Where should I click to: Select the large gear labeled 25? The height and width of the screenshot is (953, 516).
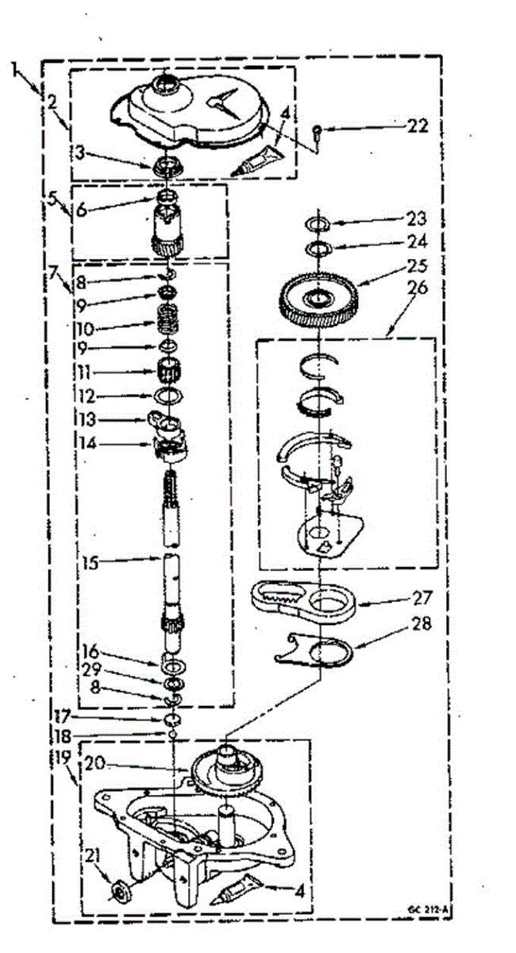click(321, 299)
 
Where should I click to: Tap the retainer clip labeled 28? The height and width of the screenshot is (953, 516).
click(318, 652)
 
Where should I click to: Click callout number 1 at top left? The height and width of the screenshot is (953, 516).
click(16, 70)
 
